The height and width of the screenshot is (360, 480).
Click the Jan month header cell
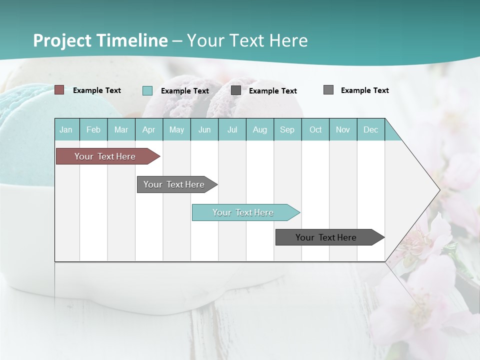pos(66,129)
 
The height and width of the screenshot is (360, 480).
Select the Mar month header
pos(121,129)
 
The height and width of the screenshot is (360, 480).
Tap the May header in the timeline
pos(176,129)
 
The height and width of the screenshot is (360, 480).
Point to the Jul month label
pos(232,129)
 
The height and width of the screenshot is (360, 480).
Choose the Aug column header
pos(259,129)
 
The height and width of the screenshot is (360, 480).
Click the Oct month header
pos(315,129)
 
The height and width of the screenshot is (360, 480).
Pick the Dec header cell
pos(370,129)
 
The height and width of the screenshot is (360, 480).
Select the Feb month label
pos(93,129)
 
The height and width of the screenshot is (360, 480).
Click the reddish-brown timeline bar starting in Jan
pos(105,156)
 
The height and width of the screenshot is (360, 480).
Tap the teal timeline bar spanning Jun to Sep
pos(243,212)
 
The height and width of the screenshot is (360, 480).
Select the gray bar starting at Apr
pos(174,184)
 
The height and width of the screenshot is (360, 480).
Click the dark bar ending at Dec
pos(326,237)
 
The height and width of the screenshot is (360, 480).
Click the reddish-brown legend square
pos(59,90)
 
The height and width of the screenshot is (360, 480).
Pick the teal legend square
pos(147,90)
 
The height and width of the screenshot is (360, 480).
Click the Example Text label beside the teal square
pos(185,91)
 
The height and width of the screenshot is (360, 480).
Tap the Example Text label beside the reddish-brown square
pos(97,90)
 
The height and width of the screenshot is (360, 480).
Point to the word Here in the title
pos(288,40)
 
